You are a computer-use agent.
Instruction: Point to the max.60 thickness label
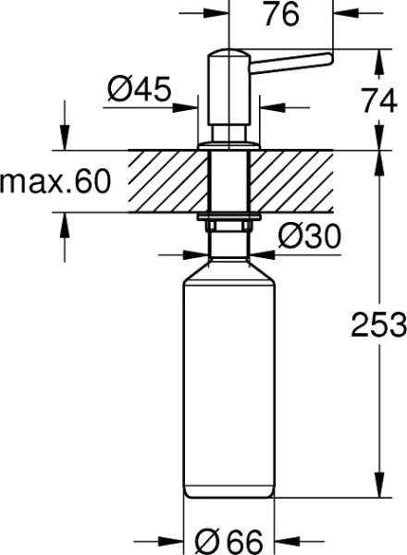point(55,181)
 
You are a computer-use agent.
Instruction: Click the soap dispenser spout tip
point(326,61)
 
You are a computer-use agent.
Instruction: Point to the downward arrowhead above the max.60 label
point(65,143)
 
